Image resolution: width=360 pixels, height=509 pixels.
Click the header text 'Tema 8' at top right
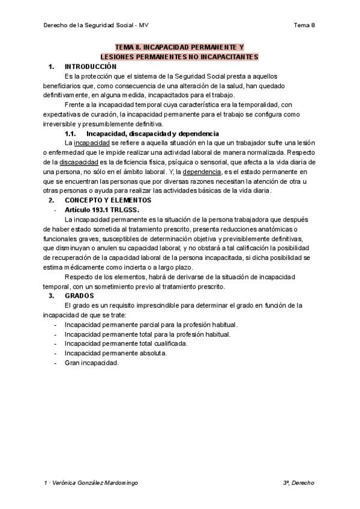tap(304, 25)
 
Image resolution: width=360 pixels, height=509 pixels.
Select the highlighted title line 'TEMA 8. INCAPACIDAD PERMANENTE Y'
tap(179, 47)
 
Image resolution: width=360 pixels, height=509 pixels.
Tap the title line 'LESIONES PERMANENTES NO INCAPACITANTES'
tap(179, 56)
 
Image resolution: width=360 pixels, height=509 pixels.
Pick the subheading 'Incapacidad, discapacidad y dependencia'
tap(152, 133)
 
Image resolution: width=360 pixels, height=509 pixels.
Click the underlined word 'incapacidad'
tap(92, 143)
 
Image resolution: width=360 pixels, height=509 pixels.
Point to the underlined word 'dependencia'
tap(192, 172)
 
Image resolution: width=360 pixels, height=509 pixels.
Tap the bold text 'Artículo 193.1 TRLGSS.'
tap(102, 209)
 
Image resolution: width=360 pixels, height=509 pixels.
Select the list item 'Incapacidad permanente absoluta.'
tap(116, 354)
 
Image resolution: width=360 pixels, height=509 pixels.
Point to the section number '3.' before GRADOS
tap(52, 296)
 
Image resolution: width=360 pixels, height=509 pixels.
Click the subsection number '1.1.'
tap(69, 133)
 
